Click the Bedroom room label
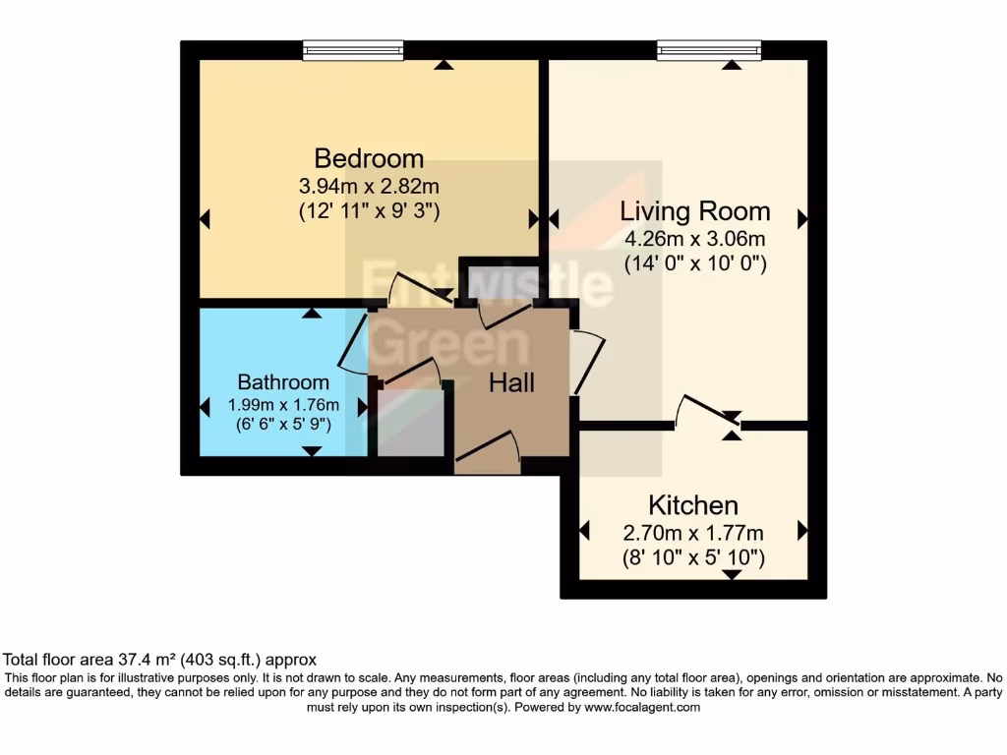[x=369, y=158]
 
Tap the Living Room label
[x=694, y=211]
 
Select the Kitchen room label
[x=693, y=506]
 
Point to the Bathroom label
[x=283, y=382]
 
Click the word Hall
[x=512, y=382]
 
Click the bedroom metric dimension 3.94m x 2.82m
[x=369, y=185]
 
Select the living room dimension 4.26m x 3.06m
[x=694, y=239]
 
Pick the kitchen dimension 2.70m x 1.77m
[x=693, y=534]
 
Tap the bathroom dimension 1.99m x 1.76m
[x=283, y=405]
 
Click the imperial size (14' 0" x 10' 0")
[x=694, y=263]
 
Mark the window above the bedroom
[x=353, y=50]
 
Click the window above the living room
[x=709, y=50]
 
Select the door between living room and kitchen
[x=707, y=411]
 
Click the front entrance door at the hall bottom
[x=488, y=448]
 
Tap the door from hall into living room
[x=588, y=362]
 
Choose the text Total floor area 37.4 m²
[x=118, y=660]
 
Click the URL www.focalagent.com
[x=642, y=707]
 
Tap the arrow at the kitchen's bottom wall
[x=732, y=574]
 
